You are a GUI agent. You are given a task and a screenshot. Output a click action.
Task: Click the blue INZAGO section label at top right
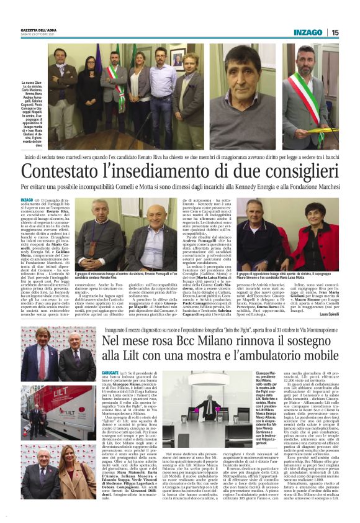(x=308, y=32)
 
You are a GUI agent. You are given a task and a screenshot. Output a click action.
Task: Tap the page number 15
(x=334, y=32)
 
